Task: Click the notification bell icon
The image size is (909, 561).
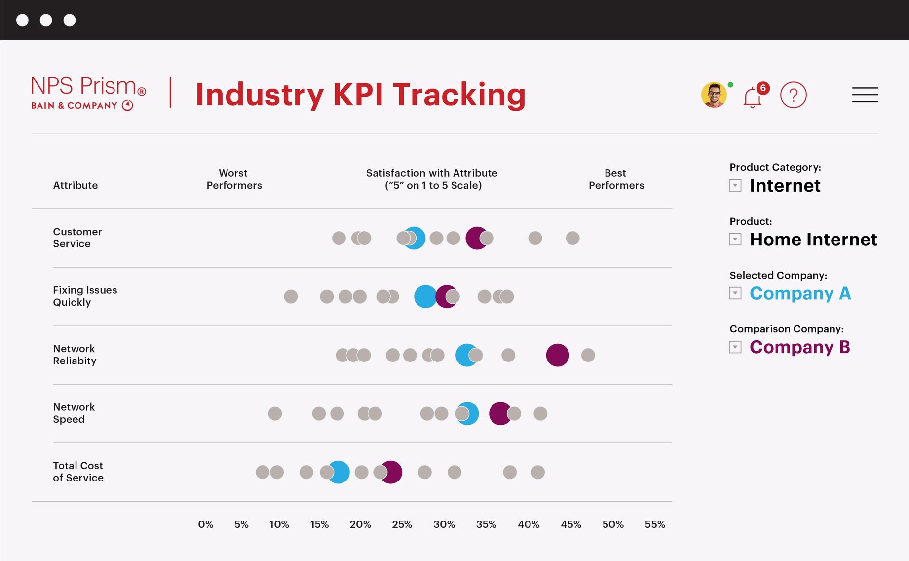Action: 752,97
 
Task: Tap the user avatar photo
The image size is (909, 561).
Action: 714,95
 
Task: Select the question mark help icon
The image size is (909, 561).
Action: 793,95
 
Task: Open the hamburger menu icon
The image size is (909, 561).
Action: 865,95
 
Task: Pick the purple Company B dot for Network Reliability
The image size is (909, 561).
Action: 557,355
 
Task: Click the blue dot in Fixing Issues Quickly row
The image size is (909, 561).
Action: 424,297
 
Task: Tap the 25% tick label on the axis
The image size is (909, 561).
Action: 402,524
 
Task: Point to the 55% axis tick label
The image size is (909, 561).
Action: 654,524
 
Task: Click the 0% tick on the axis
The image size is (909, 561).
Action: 205,524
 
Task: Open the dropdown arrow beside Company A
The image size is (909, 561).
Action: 735,293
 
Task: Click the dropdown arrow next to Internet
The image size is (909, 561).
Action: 735,186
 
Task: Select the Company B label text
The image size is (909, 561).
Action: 799,347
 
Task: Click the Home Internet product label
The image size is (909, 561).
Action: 813,240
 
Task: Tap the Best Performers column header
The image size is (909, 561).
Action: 616,179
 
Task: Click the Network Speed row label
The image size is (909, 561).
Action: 74,413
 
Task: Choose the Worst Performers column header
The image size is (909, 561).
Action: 234,179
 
